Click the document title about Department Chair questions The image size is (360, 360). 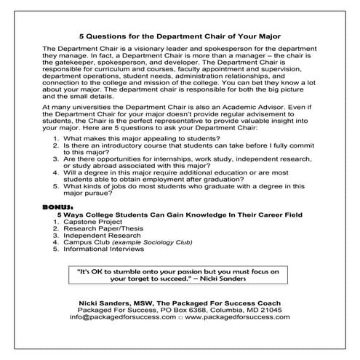tap(180, 34)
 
